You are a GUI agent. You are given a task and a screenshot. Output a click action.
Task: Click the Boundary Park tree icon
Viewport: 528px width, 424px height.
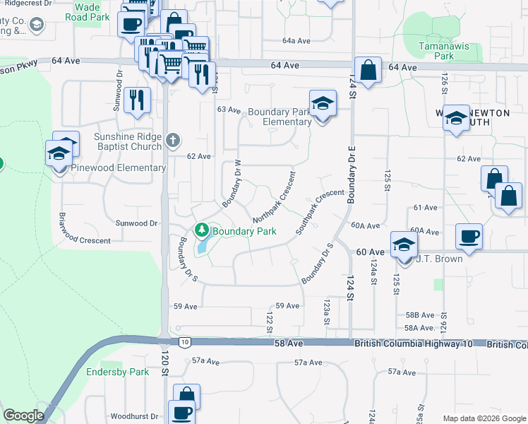point(201,230)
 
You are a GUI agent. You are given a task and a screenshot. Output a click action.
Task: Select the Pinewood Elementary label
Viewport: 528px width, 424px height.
point(119,168)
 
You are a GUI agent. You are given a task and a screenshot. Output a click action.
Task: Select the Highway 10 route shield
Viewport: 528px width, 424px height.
point(184,342)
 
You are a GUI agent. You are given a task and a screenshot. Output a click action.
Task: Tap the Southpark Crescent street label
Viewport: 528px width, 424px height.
point(319,211)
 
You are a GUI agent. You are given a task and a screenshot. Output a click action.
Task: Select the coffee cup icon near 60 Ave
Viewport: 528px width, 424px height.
point(468,236)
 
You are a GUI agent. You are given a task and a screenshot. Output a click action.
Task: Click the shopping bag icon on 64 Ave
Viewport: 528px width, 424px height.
point(368,71)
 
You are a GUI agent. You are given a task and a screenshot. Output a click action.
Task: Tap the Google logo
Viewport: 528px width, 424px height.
point(23,416)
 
